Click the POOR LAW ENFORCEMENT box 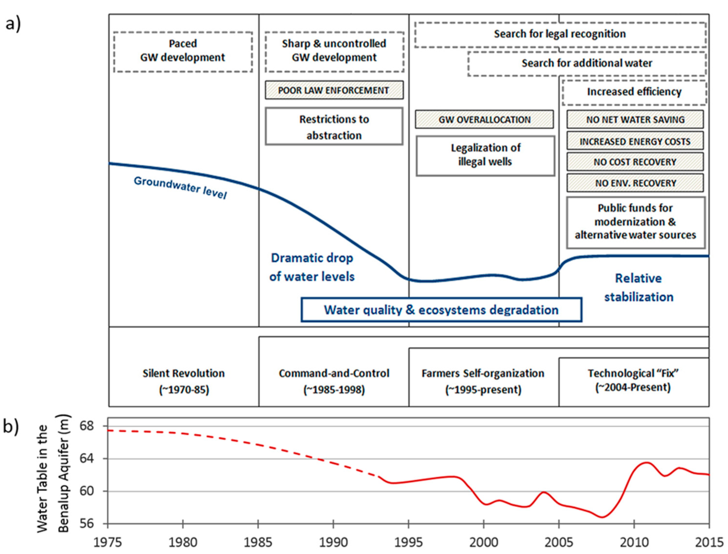point(334,90)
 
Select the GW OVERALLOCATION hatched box point(484,119)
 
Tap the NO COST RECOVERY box point(635,162)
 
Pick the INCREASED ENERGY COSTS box point(635,141)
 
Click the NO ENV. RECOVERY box point(635,183)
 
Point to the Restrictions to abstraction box point(334,127)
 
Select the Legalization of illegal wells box point(485,155)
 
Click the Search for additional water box point(587,63)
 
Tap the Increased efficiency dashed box point(634,92)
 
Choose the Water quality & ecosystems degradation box point(441,310)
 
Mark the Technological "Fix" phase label point(633,380)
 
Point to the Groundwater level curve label point(180,187)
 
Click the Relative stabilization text point(638,288)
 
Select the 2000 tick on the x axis point(484,543)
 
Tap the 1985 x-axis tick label point(258,543)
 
